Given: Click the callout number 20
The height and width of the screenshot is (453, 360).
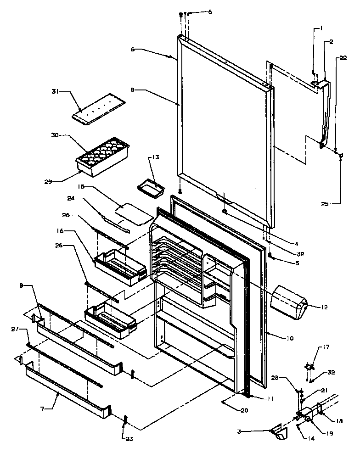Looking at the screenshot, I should coord(243,410).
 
